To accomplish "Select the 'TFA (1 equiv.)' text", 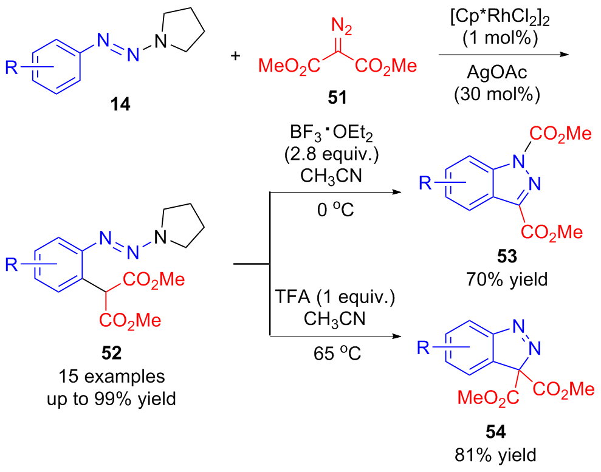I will [x=334, y=299].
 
